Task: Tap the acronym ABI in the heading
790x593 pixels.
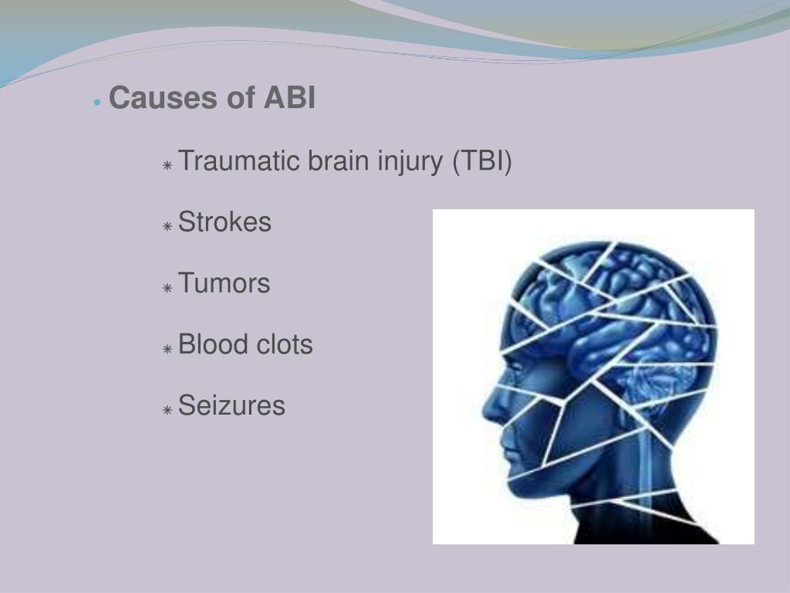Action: pyautogui.click(x=290, y=99)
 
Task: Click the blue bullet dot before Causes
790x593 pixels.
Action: pyautogui.click(x=96, y=102)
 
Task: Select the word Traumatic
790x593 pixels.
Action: pyautogui.click(x=239, y=162)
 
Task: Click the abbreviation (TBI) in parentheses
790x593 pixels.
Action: pyautogui.click(x=482, y=162)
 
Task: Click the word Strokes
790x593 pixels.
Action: pyautogui.click(x=225, y=222)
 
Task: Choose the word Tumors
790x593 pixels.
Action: pyautogui.click(x=224, y=283)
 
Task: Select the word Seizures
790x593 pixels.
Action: pyautogui.click(x=231, y=405)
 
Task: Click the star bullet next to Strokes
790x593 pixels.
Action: pyautogui.click(x=167, y=226)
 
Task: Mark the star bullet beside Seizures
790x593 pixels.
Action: pyautogui.click(x=167, y=409)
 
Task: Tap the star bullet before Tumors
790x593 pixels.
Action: pyautogui.click(x=167, y=287)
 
